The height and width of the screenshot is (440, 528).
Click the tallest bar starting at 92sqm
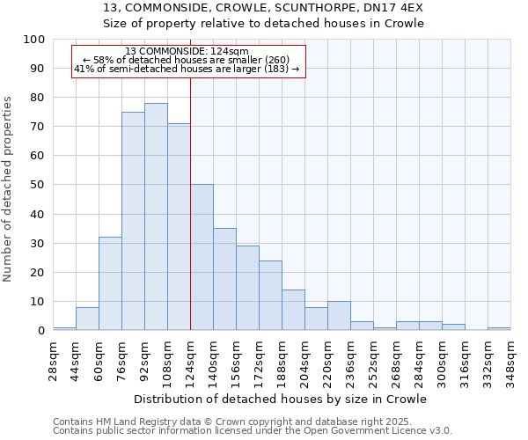(156, 216)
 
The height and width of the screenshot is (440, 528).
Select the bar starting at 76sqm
(133, 221)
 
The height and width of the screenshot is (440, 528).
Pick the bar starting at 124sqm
(202, 257)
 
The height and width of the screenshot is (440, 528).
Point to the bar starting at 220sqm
(339, 316)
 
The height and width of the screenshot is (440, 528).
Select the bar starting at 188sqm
(293, 310)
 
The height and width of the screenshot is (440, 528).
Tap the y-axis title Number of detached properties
(8, 188)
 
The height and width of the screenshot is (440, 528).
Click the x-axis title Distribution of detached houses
(281, 399)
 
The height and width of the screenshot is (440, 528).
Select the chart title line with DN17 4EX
(263, 7)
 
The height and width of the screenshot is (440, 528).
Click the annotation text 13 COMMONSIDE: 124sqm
(187, 52)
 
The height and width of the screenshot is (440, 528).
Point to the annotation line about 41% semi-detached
(187, 69)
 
